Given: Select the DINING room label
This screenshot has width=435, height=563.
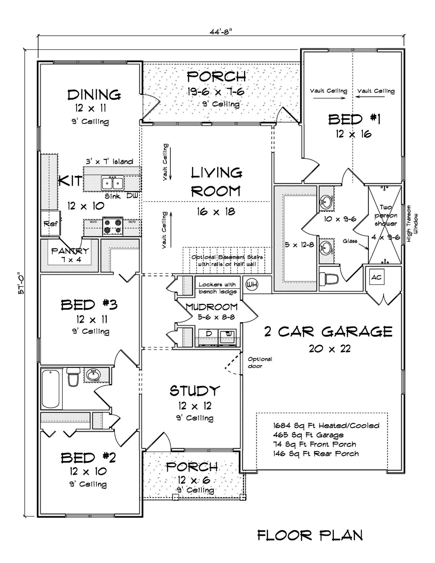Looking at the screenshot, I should click(x=94, y=95).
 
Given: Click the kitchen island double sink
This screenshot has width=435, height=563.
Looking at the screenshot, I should click(x=112, y=183).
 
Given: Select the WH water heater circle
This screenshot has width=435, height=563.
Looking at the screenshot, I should click(x=252, y=285).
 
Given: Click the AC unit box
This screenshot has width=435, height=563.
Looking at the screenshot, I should click(x=376, y=278).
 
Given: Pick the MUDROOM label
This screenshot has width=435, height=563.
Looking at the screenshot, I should click(x=212, y=307).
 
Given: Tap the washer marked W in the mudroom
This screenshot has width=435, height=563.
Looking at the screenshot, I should click(x=228, y=334).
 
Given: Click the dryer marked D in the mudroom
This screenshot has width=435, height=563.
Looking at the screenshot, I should click(x=210, y=334).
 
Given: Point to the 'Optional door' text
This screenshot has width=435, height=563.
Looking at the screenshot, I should click(x=260, y=363).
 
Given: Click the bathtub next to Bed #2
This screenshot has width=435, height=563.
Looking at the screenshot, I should click(x=50, y=389).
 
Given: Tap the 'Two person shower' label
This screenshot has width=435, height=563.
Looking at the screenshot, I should click(x=385, y=215).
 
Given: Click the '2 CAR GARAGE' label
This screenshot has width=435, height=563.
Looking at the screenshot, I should click(x=328, y=331).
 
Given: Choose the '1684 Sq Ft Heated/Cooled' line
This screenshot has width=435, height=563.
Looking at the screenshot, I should click(x=326, y=426).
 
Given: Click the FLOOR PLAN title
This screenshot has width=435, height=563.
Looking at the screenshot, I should click(x=310, y=535).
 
